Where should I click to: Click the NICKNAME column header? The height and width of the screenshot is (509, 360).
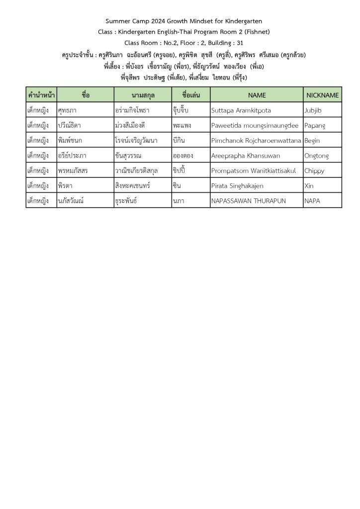point(322,94)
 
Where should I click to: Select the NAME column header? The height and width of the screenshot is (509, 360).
point(257,94)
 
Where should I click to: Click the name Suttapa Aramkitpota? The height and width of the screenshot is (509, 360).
point(241,110)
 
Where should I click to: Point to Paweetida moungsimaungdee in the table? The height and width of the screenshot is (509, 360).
point(255,125)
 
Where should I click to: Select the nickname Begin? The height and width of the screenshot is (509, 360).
point(312,140)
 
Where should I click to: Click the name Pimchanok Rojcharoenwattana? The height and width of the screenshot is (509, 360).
point(257,140)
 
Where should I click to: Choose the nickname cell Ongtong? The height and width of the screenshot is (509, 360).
point(316,156)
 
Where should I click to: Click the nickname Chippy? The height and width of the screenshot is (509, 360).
point(314,170)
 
